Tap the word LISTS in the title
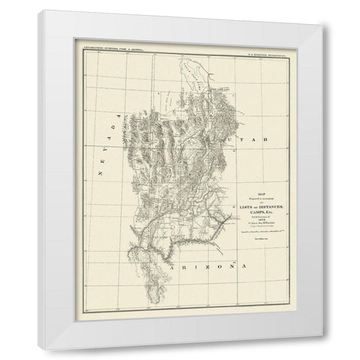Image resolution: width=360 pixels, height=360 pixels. click(246, 207)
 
